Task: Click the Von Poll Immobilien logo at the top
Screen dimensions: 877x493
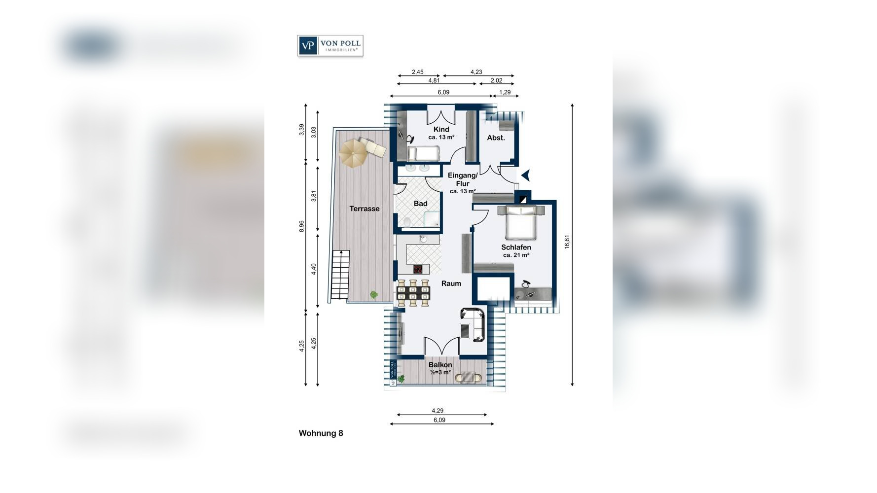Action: tap(330, 46)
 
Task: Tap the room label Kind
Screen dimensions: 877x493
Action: tap(441, 130)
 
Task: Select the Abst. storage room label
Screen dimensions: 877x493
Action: tap(496, 138)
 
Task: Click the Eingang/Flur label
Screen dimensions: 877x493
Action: tap(463, 179)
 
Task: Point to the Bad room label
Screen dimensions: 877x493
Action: tap(421, 204)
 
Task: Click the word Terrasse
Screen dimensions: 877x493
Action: tap(365, 209)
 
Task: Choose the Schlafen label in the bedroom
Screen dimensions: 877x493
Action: tap(516, 247)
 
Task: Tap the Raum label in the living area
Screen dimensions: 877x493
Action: tap(451, 283)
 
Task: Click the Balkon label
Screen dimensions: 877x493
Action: tap(440, 365)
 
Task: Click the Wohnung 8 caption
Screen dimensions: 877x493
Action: tap(321, 433)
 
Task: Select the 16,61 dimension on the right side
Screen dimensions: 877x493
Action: tap(567, 242)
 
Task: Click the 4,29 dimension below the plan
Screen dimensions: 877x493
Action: tap(438, 410)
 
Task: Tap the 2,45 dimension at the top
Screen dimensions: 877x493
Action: tap(417, 72)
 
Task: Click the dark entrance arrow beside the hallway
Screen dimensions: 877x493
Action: tap(526, 175)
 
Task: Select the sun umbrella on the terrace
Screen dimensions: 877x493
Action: tap(353, 153)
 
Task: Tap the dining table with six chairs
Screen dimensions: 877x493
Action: tap(413, 293)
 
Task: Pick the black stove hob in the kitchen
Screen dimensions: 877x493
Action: tap(418, 269)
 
